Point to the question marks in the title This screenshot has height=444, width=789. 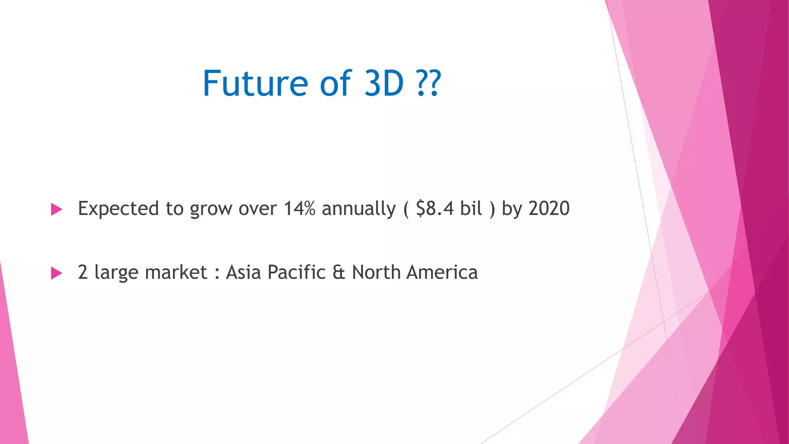[x=428, y=83]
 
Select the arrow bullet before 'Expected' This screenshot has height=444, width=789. [x=56, y=209]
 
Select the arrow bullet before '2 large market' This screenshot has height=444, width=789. [x=56, y=273]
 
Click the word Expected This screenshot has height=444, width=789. [x=118, y=209]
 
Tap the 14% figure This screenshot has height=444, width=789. [x=299, y=209]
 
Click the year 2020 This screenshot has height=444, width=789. [x=549, y=209]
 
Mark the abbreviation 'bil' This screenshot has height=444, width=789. [x=471, y=209]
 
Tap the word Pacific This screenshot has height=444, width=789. [x=297, y=272]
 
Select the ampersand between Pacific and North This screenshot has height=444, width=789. [x=339, y=272]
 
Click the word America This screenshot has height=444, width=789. [x=442, y=272]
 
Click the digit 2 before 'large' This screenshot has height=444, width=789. [x=82, y=272]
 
